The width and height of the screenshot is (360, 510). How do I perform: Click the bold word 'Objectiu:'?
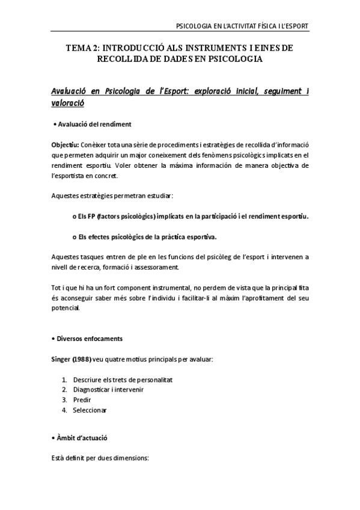[x=64, y=145]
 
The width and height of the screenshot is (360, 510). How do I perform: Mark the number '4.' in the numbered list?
[x=64, y=410]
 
